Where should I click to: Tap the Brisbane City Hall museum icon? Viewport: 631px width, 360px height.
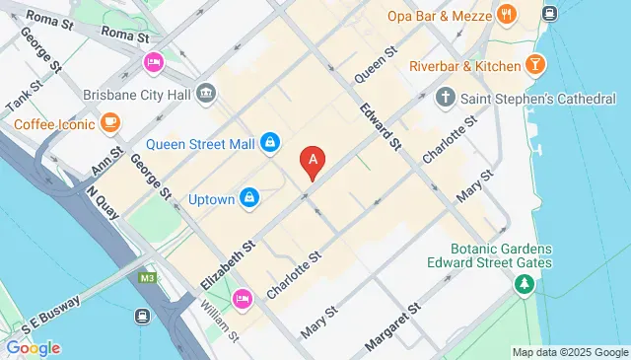coord(207,94)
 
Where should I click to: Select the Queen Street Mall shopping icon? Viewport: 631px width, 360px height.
coord(270,145)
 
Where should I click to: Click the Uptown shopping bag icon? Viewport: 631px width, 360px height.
coord(250,198)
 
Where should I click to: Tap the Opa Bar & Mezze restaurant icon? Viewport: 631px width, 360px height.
coord(508,15)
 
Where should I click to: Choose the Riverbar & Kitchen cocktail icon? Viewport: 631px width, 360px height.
coord(535,65)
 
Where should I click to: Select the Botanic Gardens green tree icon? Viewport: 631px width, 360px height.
coord(524,284)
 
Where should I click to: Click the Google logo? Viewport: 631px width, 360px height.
coord(33,347)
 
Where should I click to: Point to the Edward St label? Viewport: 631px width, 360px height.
coord(381,128)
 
